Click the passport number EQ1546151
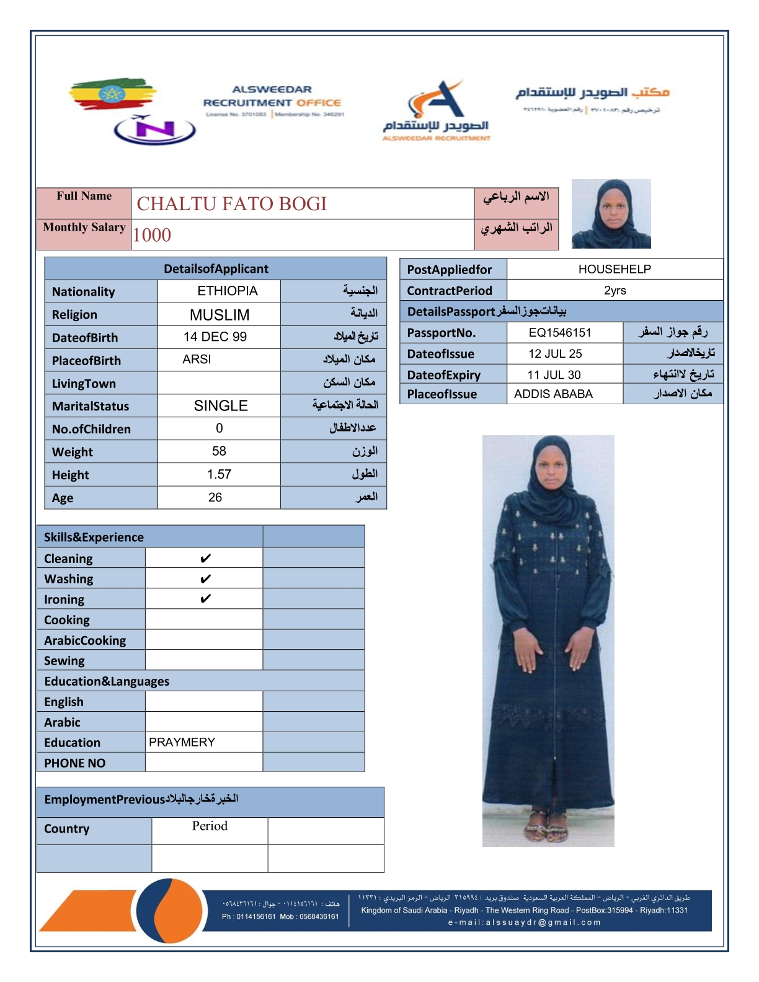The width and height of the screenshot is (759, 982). pyautogui.click(x=560, y=333)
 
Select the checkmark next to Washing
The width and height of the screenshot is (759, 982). pyautogui.click(x=205, y=579)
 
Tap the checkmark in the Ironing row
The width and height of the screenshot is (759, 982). pyautogui.click(x=205, y=599)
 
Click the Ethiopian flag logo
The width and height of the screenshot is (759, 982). pyautogui.click(x=112, y=94)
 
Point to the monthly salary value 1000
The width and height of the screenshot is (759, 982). pyautogui.click(x=152, y=236)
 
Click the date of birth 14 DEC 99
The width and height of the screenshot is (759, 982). pyautogui.click(x=215, y=337)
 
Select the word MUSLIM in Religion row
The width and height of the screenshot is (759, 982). pyautogui.click(x=220, y=315)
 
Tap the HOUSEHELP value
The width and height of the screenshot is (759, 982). pyautogui.click(x=615, y=269)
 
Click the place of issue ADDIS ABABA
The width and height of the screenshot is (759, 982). pyautogui.click(x=553, y=394)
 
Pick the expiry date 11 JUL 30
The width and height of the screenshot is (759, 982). pyautogui.click(x=554, y=375)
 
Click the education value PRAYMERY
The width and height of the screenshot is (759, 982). pyautogui.click(x=182, y=742)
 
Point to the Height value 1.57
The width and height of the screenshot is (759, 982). pyautogui.click(x=219, y=475)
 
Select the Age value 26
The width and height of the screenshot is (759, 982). pyautogui.click(x=215, y=498)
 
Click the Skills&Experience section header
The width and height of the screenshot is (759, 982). pyautogui.click(x=94, y=537)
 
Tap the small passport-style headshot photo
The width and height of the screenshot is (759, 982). pyautogui.click(x=611, y=214)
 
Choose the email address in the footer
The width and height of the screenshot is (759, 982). pyautogui.click(x=525, y=922)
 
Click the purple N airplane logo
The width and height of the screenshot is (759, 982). pyautogui.click(x=154, y=130)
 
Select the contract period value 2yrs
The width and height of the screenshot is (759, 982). pyautogui.click(x=615, y=291)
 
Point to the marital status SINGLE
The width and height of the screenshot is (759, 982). pyautogui.click(x=221, y=406)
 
